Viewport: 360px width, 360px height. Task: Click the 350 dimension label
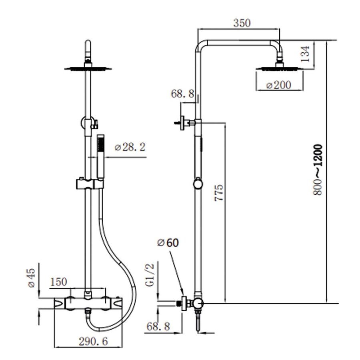[242, 23]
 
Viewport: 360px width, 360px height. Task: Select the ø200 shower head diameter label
[279, 85]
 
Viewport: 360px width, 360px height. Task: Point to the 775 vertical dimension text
[219, 192]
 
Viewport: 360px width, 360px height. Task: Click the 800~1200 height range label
[318, 170]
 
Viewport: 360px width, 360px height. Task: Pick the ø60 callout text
[168, 243]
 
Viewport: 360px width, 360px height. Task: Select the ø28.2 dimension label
[130, 147]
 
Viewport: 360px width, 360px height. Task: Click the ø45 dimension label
[32, 277]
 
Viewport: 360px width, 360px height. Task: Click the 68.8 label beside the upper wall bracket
[182, 94]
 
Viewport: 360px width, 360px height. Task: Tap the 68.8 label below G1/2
[158, 326]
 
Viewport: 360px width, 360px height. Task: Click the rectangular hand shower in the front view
[100, 156]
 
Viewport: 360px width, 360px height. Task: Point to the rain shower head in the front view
[88, 69]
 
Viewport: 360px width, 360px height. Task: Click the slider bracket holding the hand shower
[90, 184]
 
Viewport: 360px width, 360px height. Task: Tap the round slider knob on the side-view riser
[198, 184]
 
